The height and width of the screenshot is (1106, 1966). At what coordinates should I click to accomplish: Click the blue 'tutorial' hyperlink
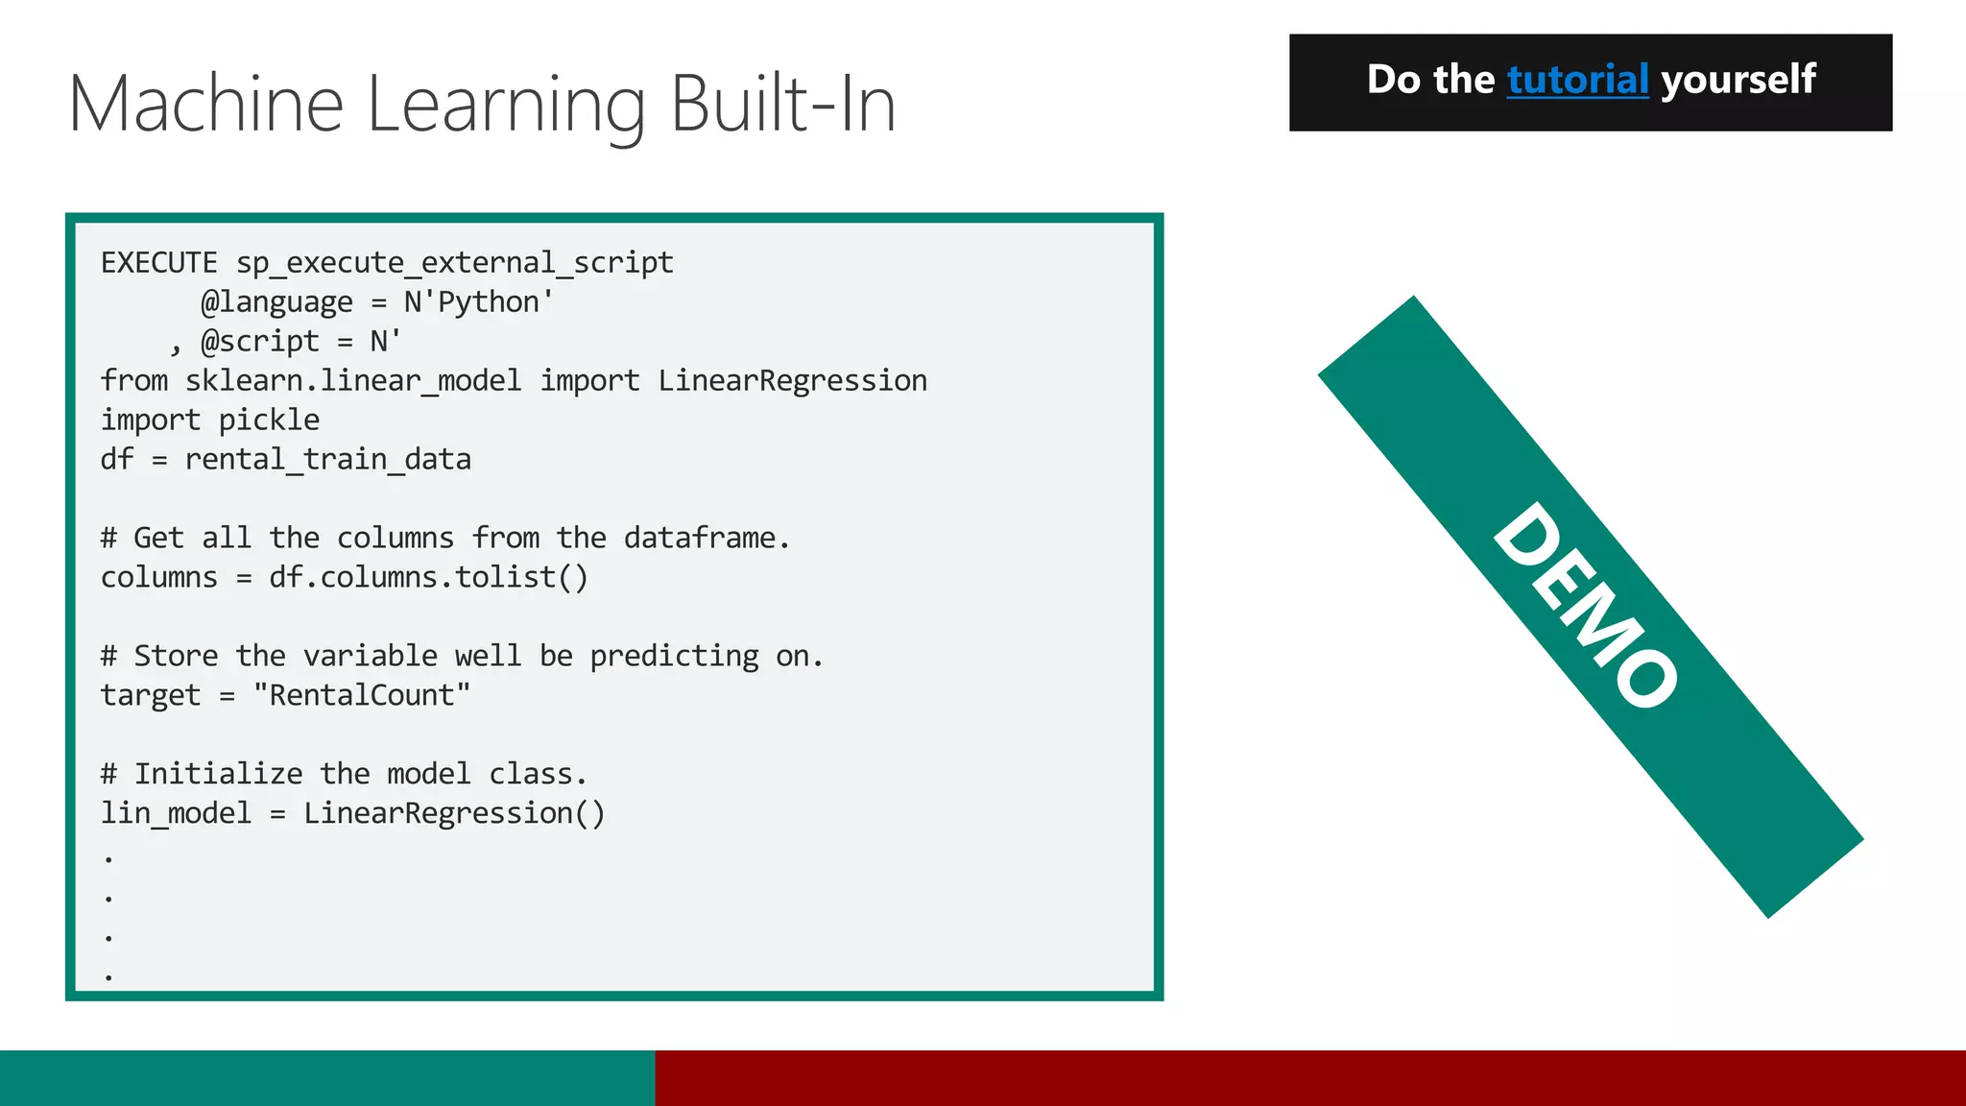[1577, 80]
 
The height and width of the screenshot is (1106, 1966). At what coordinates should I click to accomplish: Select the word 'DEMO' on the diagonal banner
[1585, 605]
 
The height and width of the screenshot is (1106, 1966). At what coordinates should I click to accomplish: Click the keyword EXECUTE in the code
[159, 263]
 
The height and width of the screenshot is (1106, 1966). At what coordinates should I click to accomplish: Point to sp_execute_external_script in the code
[455, 263]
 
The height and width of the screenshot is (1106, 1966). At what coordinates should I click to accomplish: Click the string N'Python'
[478, 302]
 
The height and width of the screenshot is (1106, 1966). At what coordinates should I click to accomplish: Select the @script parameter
[259, 342]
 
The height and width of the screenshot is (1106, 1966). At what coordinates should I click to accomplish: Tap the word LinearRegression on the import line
[792, 381]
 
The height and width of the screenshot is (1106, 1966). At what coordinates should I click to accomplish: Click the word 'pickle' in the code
[269, 421]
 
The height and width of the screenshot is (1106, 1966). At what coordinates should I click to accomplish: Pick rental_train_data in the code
[327, 460]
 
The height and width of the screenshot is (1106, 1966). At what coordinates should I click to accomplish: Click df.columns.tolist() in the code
[428, 578]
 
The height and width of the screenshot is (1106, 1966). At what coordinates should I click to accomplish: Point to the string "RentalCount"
[362, 696]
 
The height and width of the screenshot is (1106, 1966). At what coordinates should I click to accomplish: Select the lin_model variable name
[176, 814]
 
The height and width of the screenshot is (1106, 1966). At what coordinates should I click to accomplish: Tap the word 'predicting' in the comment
[674, 657]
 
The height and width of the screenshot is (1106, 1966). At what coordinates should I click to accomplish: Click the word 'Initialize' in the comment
[218, 775]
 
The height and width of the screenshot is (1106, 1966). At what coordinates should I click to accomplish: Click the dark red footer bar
[1310, 1078]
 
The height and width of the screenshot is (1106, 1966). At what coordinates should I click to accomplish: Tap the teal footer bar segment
[326, 1078]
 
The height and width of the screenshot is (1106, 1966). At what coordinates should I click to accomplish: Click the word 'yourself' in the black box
[1738, 80]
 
